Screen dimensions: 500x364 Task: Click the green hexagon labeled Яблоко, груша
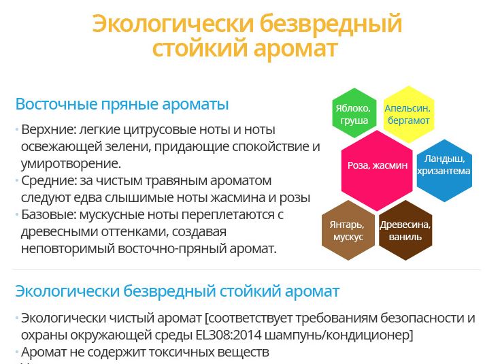click(x=354, y=113)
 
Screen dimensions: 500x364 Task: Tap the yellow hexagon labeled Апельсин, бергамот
click(x=408, y=114)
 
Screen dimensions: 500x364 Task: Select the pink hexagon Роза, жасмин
click(x=377, y=171)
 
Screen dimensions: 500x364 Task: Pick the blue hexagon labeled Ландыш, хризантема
click(x=444, y=170)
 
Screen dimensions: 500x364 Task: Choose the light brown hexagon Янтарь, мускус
click(x=348, y=230)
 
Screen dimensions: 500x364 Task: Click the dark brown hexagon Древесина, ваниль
click(x=405, y=230)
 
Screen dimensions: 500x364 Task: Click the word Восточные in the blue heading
click(x=56, y=104)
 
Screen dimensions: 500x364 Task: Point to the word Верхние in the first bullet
click(x=48, y=130)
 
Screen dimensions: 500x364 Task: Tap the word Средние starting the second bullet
click(x=49, y=181)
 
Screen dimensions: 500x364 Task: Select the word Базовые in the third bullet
click(x=48, y=215)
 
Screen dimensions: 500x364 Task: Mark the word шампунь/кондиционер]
click(x=339, y=335)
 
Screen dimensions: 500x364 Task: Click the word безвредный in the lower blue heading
click(x=170, y=291)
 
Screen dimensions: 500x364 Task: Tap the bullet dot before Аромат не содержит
click(x=16, y=352)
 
